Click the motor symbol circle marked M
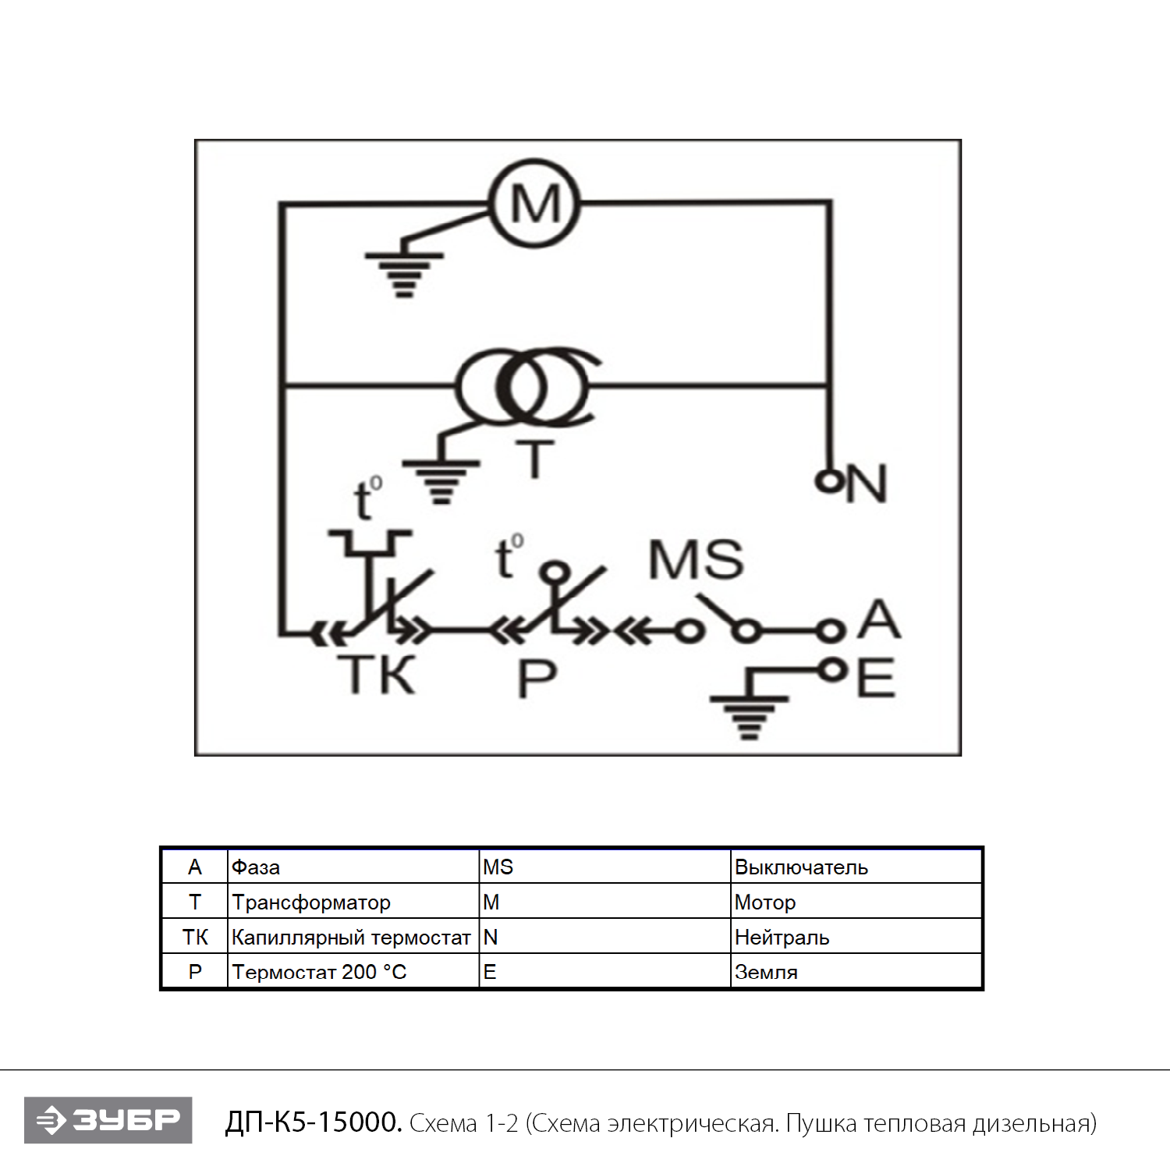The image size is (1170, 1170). click(x=534, y=204)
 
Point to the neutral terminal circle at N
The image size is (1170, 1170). click(x=827, y=480)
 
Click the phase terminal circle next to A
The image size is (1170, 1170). click(x=831, y=630)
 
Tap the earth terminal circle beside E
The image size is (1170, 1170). click(x=832, y=669)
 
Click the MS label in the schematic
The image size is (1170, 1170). click(x=696, y=559)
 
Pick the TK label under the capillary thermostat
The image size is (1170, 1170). click(x=376, y=675)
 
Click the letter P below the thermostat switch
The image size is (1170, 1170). click(x=537, y=679)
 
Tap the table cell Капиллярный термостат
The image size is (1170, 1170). click(x=351, y=937)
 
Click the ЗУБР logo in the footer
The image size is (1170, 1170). click(x=108, y=1120)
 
